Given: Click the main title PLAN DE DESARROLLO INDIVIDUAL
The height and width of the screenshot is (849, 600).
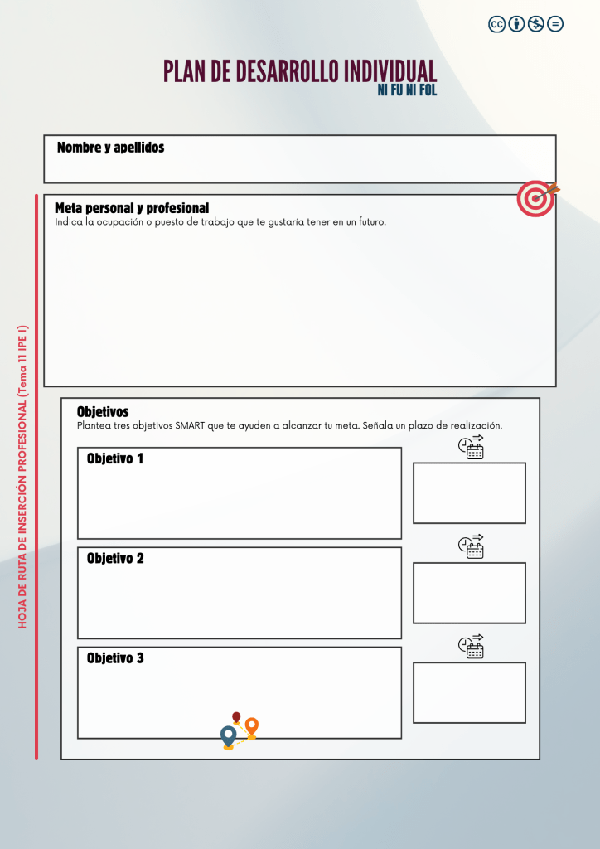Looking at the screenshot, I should click(299, 71).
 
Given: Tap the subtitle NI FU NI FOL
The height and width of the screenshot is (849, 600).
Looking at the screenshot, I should click(407, 90).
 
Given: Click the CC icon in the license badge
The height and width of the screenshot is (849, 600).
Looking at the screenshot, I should click(496, 24).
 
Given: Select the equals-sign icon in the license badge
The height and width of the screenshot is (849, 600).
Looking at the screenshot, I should click(555, 24).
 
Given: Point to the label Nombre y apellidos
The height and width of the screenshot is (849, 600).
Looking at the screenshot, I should click(110, 148).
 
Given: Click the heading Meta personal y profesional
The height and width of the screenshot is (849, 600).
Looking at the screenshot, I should click(132, 208).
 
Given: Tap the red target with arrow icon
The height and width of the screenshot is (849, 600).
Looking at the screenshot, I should click(536, 199).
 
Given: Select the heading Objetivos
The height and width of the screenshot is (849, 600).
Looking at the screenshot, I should click(103, 411).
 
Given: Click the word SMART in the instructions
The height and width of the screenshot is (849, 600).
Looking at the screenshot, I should click(191, 426).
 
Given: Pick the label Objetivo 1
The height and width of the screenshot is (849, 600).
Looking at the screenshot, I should click(115, 458).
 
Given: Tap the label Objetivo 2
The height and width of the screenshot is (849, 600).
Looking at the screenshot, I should click(115, 559).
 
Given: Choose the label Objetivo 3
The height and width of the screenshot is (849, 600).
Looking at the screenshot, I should click(115, 658).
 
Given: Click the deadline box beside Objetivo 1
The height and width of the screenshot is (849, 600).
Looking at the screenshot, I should click(469, 493).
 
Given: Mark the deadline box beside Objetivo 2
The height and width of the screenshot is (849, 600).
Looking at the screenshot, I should click(469, 593).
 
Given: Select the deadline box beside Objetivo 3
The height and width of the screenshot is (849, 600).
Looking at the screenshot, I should click(469, 692).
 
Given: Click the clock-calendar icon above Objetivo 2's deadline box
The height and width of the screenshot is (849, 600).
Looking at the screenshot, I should click(472, 546).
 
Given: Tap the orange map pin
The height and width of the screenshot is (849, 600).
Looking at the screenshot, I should click(252, 727).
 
